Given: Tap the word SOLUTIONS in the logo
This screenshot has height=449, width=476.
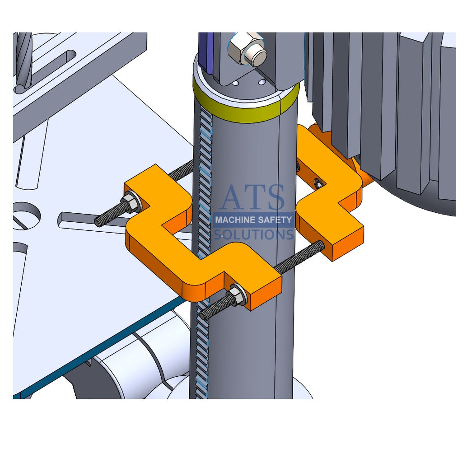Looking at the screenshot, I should (x=253, y=234).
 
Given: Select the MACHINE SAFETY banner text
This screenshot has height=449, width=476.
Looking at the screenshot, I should (x=253, y=220).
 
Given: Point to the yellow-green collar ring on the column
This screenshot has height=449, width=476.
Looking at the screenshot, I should (x=246, y=108).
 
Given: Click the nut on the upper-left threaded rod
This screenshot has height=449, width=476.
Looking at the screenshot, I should (x=131, y=203).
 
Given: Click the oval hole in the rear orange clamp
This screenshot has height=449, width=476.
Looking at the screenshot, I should (x=318, y=183).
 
